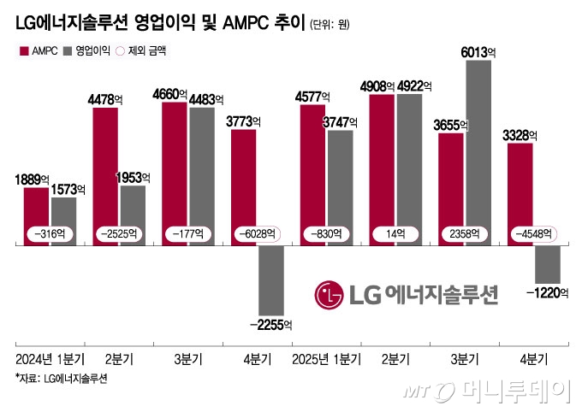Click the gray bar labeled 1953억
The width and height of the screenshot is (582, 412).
pos(133,215)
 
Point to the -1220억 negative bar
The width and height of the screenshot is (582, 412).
pos(547,263)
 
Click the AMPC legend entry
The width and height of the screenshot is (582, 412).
pos(39,51)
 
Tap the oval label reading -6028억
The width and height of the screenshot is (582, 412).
pos(254,232)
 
